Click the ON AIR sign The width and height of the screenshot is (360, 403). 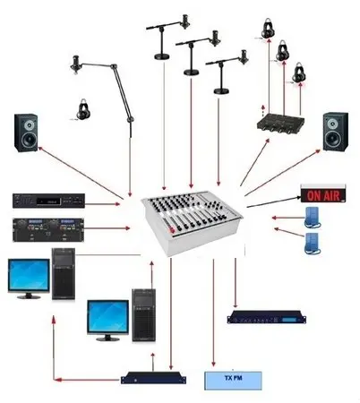click(323, 194)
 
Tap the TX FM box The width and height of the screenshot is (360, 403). click(233, 381)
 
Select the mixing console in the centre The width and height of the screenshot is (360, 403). click(192, 222)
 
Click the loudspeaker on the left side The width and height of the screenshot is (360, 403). click(26, 133)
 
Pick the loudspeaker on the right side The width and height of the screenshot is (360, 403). click(336, 132)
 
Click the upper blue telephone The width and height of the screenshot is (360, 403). click(313, 218)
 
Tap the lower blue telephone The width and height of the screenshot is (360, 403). click(313, 244)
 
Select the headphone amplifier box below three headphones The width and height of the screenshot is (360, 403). click(280, 124)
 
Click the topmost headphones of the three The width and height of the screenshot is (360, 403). click(268, 28)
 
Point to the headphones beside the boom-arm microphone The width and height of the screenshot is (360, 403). click(83, 109)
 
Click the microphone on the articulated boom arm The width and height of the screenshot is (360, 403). click(75, 64)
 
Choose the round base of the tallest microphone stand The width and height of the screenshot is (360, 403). click(162, 56)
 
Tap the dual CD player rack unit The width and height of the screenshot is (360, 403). click(48, 229)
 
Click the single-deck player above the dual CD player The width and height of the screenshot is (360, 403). click(48, 201)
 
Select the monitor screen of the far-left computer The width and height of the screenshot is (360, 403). click(29, 275)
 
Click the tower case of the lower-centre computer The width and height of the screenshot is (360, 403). click(144, 315)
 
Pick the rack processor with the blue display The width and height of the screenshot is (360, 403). click(267, 317)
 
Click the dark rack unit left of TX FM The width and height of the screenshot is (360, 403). click(153, 378)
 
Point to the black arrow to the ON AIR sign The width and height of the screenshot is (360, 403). click(274, 201)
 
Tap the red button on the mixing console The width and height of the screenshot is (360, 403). click(172, 230)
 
